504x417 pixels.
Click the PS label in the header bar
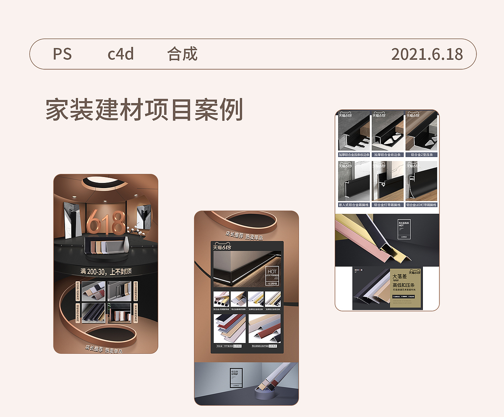pos(62,54)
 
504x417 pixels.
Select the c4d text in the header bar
pos(120,54)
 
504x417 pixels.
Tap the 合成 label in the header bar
pos(182,54)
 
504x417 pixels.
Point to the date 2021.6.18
pos(427,54)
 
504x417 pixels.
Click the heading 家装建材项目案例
pos(144,110)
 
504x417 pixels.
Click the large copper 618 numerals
pos(106,222)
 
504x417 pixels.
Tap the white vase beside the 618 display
pos(126,244)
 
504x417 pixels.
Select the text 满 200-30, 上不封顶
pos(106,271)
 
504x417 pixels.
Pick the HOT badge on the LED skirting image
pos(272,271)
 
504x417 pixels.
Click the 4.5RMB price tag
pos(272,283)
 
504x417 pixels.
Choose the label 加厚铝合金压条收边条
pos(354,155)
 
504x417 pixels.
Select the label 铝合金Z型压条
pos(422,155)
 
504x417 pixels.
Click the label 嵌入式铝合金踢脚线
pos(354,205)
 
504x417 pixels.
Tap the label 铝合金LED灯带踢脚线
pos(422,205)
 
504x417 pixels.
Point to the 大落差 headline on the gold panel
pos(399,277)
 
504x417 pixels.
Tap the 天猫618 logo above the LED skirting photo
pos(222,247)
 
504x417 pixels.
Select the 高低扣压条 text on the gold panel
pos(403,285)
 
